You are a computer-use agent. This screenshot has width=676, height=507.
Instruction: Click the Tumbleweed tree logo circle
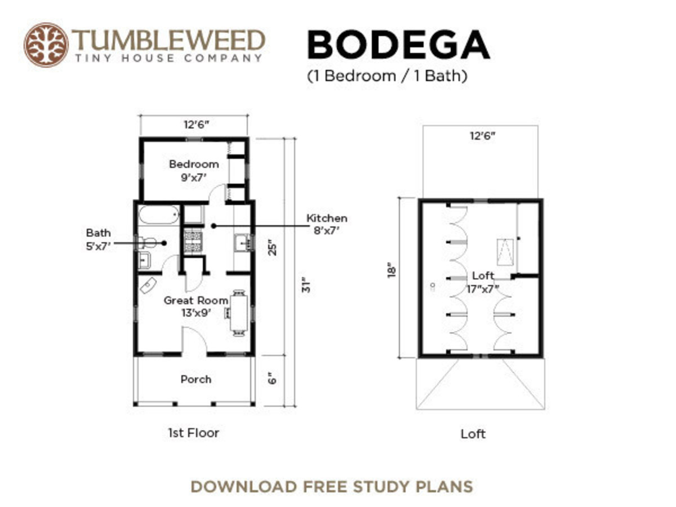[x=46, y=45]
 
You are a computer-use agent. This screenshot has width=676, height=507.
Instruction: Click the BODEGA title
[x=398, y=45]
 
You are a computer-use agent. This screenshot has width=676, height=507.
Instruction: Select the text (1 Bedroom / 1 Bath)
[x=387, y=76]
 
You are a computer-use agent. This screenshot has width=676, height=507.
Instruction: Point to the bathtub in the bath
[x=159, y=215]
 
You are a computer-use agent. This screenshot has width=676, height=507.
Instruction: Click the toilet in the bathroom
[x=148, y=243]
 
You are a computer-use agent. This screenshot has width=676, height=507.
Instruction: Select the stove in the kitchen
[x=193, y=242]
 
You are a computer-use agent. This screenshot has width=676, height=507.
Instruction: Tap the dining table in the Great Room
[x=239, y=313]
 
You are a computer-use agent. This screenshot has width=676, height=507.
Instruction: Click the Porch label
[x=196, y=379]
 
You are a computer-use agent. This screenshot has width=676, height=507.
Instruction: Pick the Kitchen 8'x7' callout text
[x=327, y=224]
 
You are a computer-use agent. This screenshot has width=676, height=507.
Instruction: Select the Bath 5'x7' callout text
[x=99, y=238]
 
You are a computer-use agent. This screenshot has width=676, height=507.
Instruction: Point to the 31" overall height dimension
[x=305, y=284]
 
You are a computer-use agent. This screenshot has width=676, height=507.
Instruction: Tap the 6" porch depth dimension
[x=273, y=379]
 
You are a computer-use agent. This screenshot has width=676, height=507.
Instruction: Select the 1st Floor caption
[x=193, y=433]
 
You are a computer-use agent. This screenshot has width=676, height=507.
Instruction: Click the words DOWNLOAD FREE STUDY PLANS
[x=331, y=486]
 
